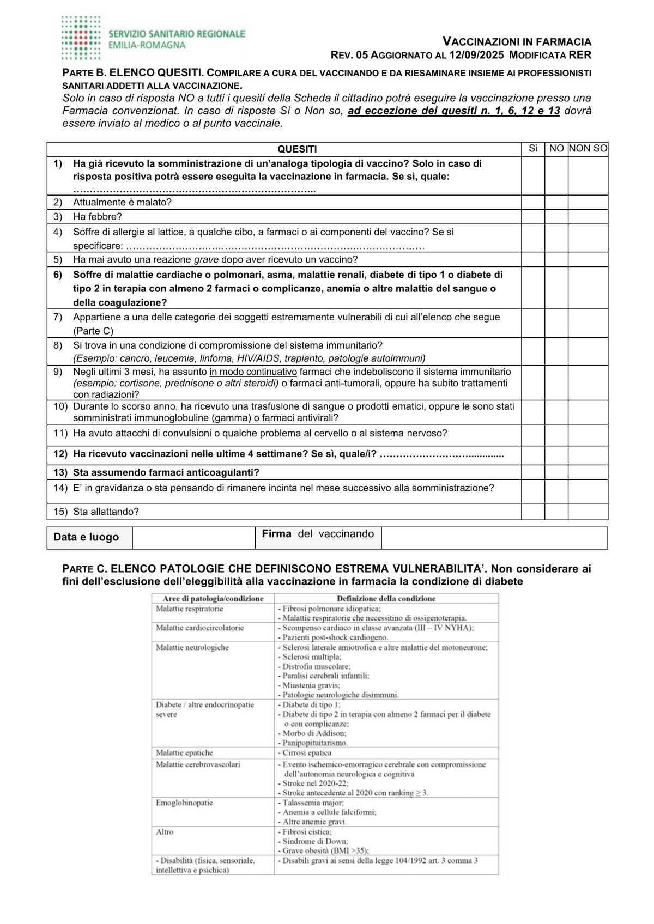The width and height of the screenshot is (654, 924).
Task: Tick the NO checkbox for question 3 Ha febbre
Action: coord(556,217)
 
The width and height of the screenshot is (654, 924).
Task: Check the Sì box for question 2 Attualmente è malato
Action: coord(532,202)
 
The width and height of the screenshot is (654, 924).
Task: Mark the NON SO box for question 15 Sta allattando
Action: coord(588,512)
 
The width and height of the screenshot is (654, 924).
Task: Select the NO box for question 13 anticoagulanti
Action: coord(556,472)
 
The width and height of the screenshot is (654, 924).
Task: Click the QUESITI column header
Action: coord(297,149)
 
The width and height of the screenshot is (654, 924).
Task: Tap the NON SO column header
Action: coord(588,148)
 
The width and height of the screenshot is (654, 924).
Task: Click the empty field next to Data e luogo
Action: coord(193,538)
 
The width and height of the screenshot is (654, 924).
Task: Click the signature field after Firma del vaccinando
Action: coord(494,538)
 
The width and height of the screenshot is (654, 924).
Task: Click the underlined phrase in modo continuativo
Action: coord(253,372)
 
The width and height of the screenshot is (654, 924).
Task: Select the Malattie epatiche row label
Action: coord(184,753)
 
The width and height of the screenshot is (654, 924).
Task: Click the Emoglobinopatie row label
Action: coord(184,803)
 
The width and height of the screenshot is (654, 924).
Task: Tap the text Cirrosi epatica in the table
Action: coord(306,753)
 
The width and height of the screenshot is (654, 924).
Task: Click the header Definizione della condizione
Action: coord(386,598)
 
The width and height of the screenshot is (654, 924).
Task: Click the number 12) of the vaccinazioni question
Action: coord(60,454)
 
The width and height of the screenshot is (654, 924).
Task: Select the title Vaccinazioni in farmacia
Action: coord(516,41)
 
